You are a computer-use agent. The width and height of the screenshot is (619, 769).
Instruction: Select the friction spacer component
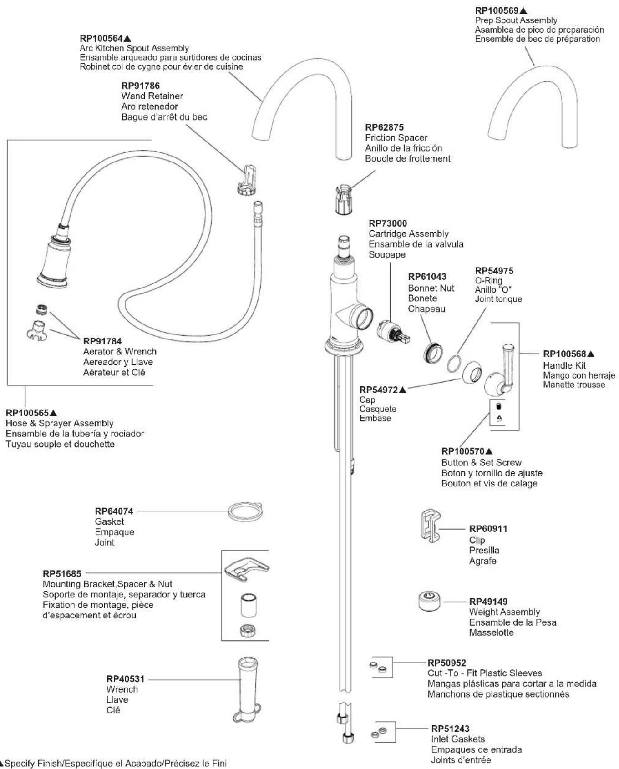point(344,199)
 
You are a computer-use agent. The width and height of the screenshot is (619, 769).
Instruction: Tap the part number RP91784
point(102,341)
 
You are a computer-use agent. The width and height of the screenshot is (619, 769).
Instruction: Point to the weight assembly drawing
point(430,601)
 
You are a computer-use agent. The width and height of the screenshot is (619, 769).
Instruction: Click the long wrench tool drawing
point(248,689)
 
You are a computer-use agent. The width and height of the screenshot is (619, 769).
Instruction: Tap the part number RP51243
point(450,729)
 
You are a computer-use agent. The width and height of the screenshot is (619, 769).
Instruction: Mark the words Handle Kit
point(564,365)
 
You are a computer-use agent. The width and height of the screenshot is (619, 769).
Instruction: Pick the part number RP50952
point(447,663)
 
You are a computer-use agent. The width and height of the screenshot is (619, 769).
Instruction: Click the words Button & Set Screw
point(482,463)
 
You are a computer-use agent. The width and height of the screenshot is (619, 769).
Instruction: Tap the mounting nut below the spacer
point(248,630)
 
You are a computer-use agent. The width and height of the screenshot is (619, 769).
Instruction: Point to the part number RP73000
point(388,223)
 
